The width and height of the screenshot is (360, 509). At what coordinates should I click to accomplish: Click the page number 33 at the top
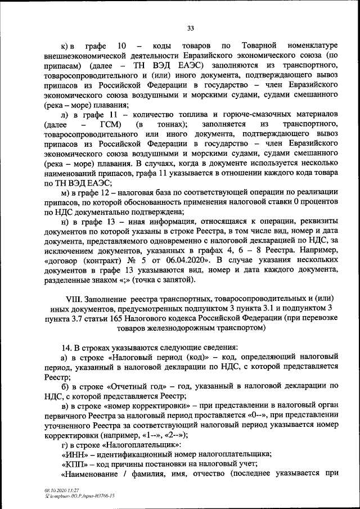[x=190, y=28]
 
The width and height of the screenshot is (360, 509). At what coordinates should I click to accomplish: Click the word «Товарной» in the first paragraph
[x=258, y=44]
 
